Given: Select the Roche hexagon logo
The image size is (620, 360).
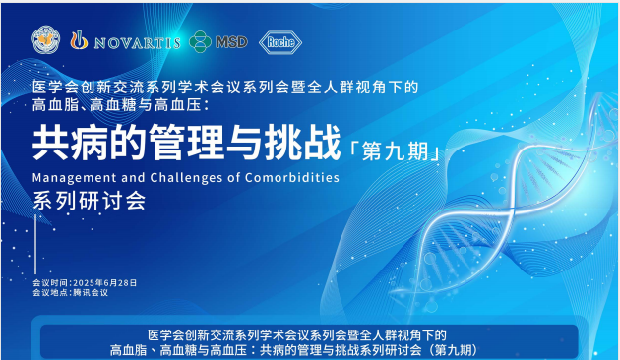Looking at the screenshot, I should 281,41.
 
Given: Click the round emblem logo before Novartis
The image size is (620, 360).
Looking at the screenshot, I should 45,40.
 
